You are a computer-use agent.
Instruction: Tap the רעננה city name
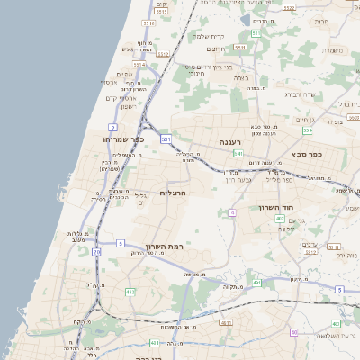(231, 142)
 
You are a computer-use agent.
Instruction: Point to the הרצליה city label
(172, 193)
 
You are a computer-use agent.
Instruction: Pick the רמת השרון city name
(164, 246)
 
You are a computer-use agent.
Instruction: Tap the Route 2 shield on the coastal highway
(112, 128)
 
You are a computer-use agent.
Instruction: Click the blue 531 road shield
(166, 139)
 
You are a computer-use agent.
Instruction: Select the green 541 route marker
(238, 154)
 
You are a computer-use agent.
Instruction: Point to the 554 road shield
(307, 130)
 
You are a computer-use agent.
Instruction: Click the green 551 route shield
(256, 34)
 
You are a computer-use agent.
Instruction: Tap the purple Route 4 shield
(232, 212)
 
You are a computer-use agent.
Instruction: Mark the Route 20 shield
(96, 253)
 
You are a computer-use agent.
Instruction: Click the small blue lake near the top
(246, 19)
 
